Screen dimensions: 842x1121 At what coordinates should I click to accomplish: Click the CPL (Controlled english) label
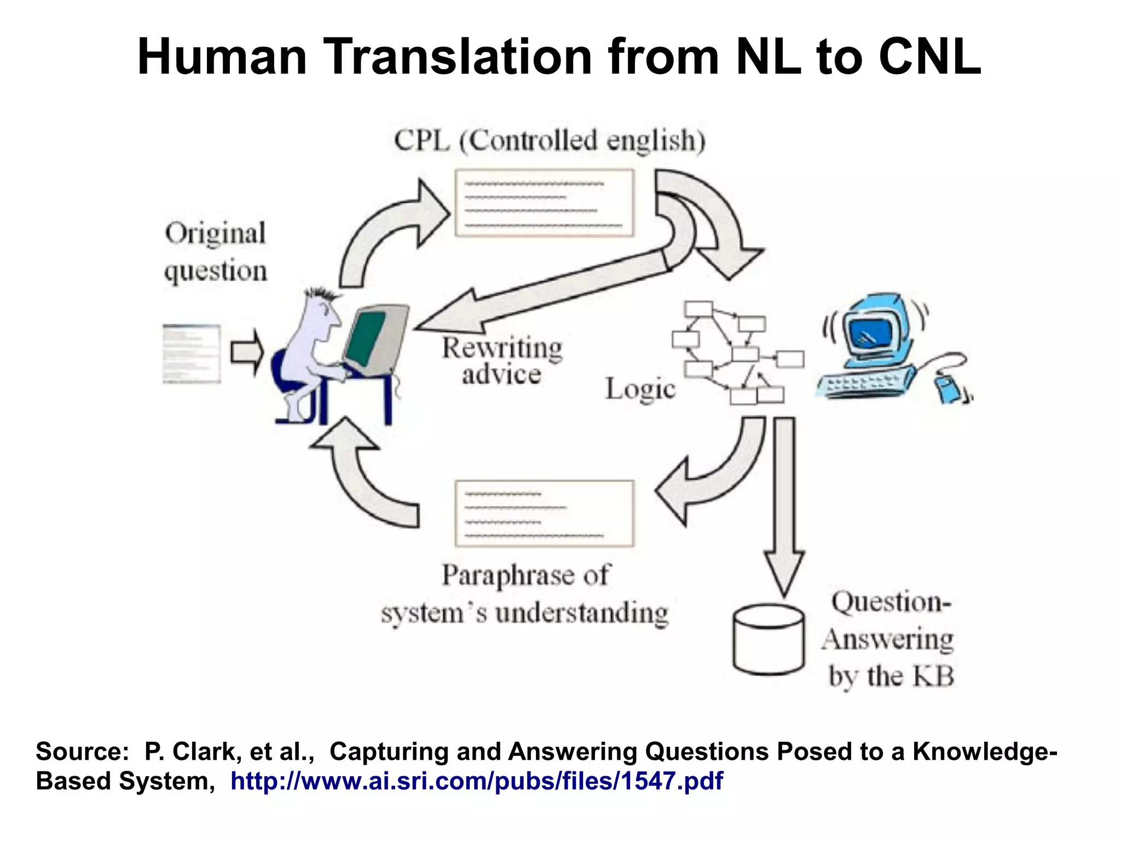coord(550,141)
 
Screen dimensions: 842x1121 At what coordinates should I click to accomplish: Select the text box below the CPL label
coord(544,203)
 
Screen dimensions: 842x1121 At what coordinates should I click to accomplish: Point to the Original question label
coord(216,252)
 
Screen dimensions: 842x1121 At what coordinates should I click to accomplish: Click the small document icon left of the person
coord(192,353)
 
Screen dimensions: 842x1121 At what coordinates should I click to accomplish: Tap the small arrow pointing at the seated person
coord(247,352)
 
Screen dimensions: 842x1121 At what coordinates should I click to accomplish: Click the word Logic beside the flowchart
coord(640,389)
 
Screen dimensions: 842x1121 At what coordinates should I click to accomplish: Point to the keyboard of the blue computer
coord(864,382)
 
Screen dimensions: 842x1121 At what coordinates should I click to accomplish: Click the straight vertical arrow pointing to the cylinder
coord(784,504)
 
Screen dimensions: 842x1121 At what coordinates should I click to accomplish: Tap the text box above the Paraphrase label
coord(544,513)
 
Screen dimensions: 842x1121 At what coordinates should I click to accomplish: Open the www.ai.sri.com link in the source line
coord(476,781)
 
